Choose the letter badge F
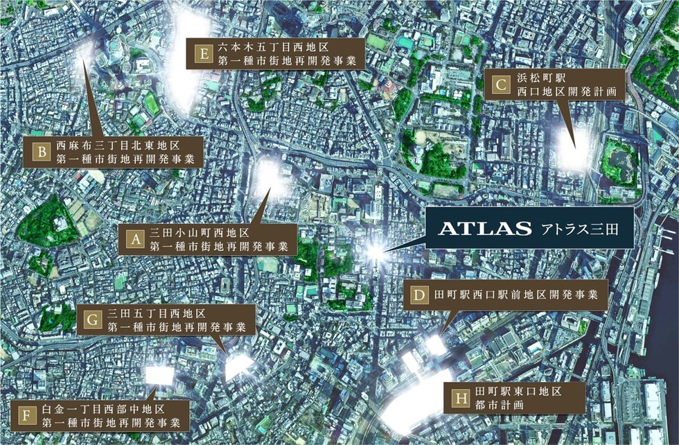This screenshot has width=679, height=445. click(x=27, y=415)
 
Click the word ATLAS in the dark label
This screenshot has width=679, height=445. click(x=478, y=227)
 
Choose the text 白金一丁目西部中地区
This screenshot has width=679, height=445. click(x=111, y=408)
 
